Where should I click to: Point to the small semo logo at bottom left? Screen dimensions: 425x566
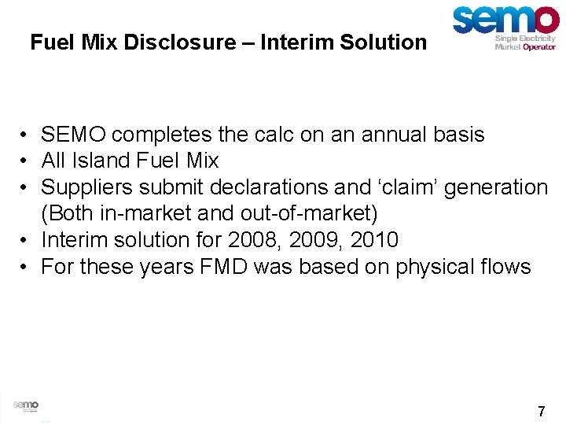tap(26, 405)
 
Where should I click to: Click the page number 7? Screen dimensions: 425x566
tap(541, 411)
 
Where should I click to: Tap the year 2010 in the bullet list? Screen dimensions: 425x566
tap(371, 240)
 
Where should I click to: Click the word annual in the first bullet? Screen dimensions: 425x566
tap(398, 135)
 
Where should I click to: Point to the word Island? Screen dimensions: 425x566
tap(105, 161)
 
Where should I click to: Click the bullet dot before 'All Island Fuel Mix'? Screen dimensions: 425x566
tap(26, 161)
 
